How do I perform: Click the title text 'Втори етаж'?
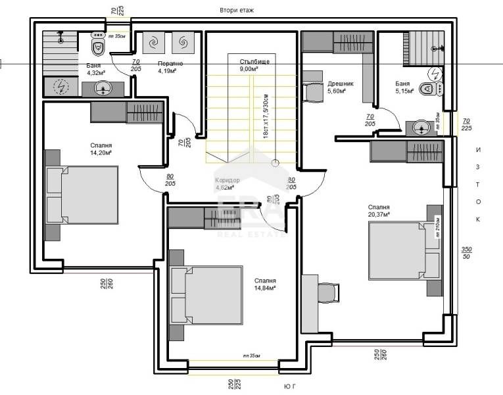pos(236,11)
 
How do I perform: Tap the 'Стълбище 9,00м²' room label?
pos(249,65)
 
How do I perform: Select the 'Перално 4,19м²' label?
pos(170,67)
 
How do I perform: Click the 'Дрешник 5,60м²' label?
pos(341,88)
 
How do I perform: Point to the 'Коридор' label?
pos(228,184)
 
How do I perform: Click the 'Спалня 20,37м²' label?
pos(379,210)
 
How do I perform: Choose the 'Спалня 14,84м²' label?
pos(265,284)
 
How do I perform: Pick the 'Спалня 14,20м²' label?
pos(101,149)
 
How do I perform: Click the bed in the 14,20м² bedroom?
pos(82,195)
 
